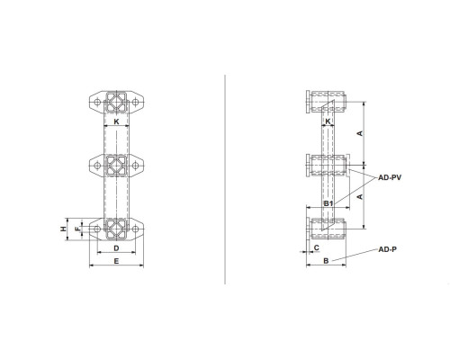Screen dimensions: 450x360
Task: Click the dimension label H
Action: (x=63, y=229)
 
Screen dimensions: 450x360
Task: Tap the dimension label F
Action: (x=77, y=229)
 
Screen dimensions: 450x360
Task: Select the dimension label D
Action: (x=116, y=248)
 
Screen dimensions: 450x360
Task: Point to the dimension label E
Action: (x=116, y=261)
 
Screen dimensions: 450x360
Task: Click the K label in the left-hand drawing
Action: (x=116, y=121)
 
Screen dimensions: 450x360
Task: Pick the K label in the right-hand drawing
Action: (x=328, y=121)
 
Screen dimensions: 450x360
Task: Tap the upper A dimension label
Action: (x=360, y=133)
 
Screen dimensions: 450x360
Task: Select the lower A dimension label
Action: (x=360, y=197)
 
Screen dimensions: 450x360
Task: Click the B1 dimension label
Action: (x=328, y=203)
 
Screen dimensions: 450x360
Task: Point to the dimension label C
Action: (x=317, y=247)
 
